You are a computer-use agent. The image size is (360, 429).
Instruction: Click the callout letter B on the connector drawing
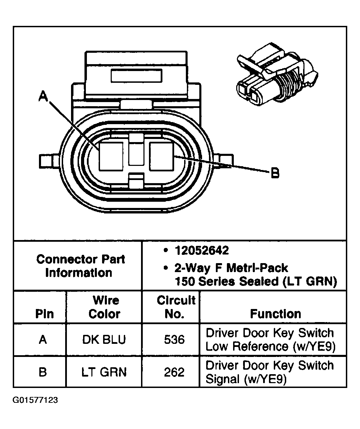coord(275,173)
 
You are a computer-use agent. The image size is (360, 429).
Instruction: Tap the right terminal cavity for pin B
coord(162,156)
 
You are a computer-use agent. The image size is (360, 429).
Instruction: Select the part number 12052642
coord(201,250)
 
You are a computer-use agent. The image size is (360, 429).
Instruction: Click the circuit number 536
coord(174,340)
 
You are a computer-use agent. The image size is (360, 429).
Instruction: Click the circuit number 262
coord(174,372)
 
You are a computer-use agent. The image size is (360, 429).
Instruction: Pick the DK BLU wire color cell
coord(104,340)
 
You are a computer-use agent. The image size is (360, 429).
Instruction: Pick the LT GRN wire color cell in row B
coord(104,372)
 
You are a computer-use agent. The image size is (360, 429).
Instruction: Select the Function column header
coord(275,314)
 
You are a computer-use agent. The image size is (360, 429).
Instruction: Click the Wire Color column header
coord(105,307)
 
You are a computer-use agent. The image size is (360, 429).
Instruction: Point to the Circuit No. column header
coord(176,307)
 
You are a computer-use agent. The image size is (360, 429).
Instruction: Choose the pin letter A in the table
coord(43,340)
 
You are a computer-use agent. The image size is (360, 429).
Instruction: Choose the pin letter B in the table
coord(43,372)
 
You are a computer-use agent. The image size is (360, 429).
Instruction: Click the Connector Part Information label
coord(80,266)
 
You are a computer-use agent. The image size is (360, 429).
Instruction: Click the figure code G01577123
coord(35,400)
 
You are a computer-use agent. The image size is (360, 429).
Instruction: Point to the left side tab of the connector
coord(47,161)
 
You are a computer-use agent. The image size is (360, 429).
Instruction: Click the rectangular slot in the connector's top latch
coord(136,75)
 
